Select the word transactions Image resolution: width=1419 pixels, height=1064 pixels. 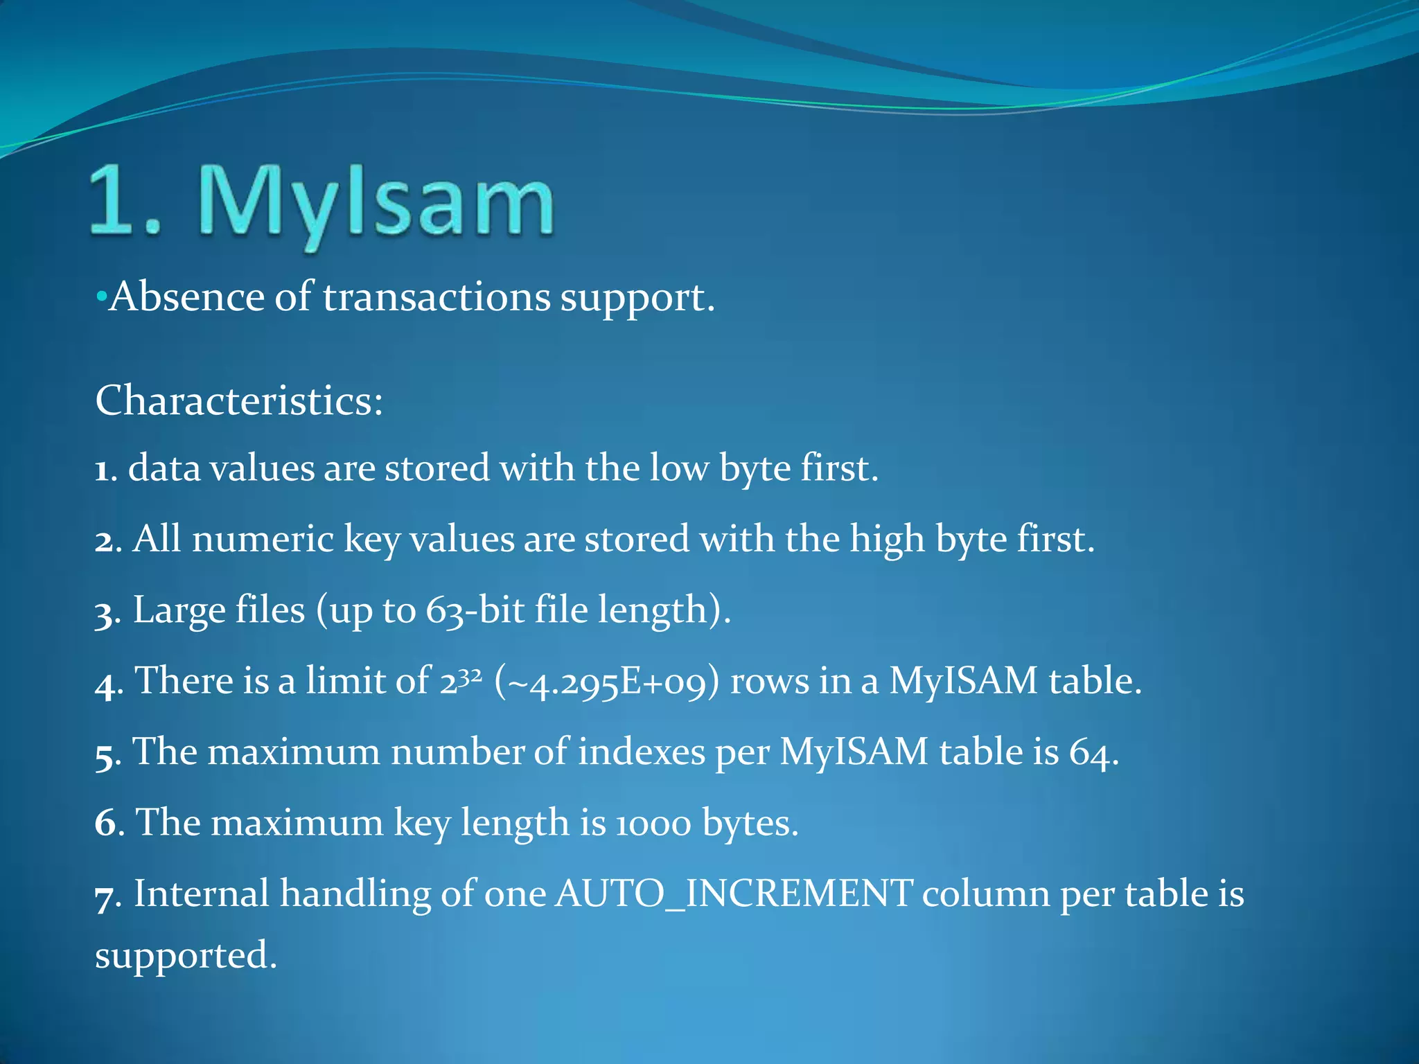point(437,298)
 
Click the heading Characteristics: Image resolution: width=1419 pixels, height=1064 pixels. point(239,400)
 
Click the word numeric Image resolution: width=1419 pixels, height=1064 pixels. point(263,539)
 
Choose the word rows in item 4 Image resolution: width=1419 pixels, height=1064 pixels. point(769,682)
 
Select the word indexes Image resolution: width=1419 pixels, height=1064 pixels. point(641,752)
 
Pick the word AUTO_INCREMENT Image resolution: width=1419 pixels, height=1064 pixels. point(734,894)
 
